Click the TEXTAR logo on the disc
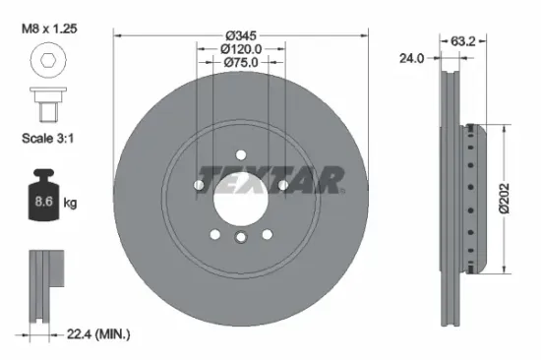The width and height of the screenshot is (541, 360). (270, 178)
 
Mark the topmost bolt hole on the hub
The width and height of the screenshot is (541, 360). (241, 153)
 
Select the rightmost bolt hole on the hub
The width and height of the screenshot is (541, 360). (282, 184)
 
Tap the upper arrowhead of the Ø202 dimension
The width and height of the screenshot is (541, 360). (507, 128)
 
